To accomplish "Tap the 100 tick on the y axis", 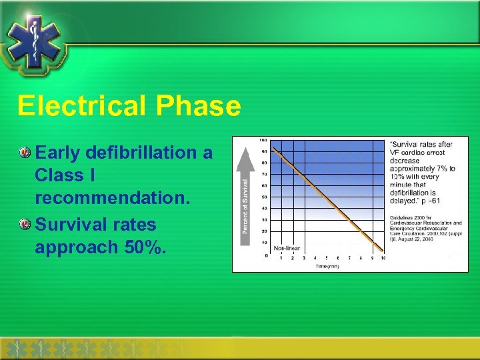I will point(264,140).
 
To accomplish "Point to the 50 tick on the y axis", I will point(265,197).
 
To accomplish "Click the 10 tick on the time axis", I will point(383,259).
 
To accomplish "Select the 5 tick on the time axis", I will point(326,259).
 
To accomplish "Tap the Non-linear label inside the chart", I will point(286,248).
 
